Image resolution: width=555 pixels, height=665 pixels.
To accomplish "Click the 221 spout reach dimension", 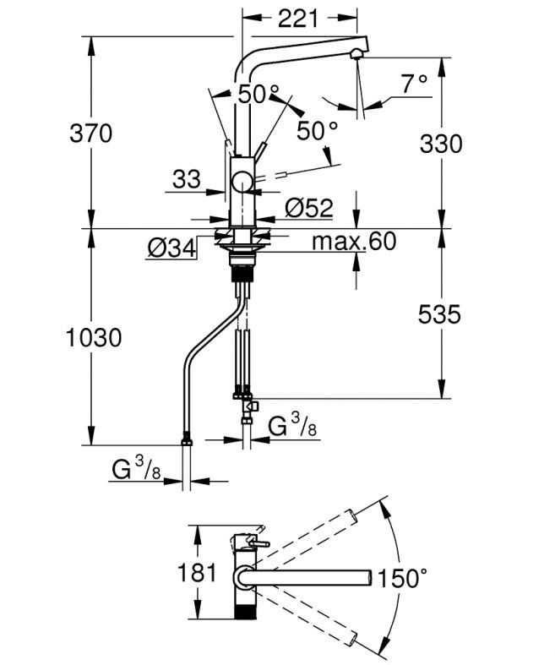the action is pos(297,19).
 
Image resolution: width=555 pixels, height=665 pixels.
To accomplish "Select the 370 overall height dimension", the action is pos(91,134).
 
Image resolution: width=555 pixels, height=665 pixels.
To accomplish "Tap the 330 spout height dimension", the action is pos(441,144).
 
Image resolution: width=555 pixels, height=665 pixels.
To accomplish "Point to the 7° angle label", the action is pos(415,84).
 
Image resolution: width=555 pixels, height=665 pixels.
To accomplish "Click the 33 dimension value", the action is pos(187,179).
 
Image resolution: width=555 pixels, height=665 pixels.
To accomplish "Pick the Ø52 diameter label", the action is pos(309,208).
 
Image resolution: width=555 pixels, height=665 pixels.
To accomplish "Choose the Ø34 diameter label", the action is pos(171,248).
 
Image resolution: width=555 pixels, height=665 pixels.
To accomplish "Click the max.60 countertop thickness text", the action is pos(354,242).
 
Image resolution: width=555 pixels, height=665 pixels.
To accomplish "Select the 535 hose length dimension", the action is pos(439,314).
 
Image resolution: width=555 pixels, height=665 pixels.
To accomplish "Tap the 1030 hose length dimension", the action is pos(94,338).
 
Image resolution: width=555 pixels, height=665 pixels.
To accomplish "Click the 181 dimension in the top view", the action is pos(197,572).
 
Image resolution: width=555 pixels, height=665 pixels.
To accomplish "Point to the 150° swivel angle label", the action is pos(402,578).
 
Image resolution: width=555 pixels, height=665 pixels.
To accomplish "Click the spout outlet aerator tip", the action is pos(356,54).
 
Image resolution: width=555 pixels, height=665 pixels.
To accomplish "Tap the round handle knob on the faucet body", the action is pos(242,183).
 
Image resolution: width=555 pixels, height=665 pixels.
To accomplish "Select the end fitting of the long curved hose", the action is pos(187,441).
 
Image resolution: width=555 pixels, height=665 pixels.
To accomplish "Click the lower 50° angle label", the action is pos(317,131).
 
